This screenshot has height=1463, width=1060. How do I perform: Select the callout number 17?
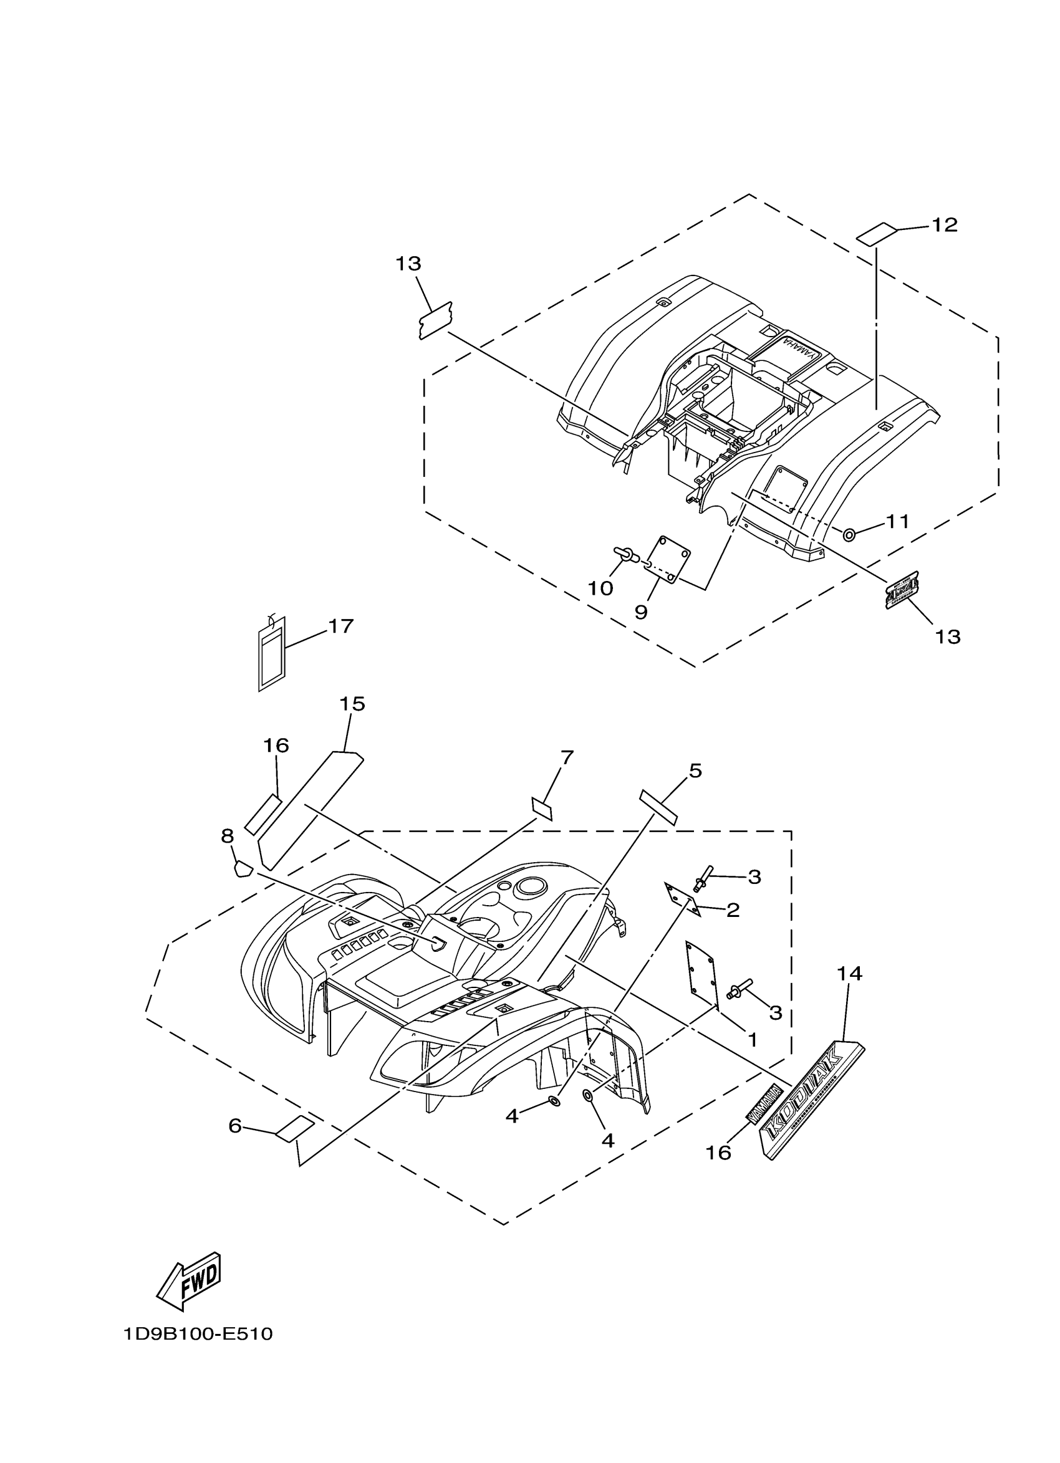point(340,626)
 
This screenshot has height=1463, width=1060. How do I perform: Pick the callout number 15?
point(352,704)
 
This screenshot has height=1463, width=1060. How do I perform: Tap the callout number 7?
point(566,757)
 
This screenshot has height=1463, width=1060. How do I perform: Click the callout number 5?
point(695,770)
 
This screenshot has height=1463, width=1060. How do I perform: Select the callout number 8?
point(227,836)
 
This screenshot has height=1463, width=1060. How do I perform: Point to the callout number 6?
point(235,1126)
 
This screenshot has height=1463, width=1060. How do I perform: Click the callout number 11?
point(897,521)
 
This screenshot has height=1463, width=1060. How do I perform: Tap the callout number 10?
point(600,588)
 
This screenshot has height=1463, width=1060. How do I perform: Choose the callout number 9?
point(640,612)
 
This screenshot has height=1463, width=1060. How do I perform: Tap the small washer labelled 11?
point(850,534)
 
